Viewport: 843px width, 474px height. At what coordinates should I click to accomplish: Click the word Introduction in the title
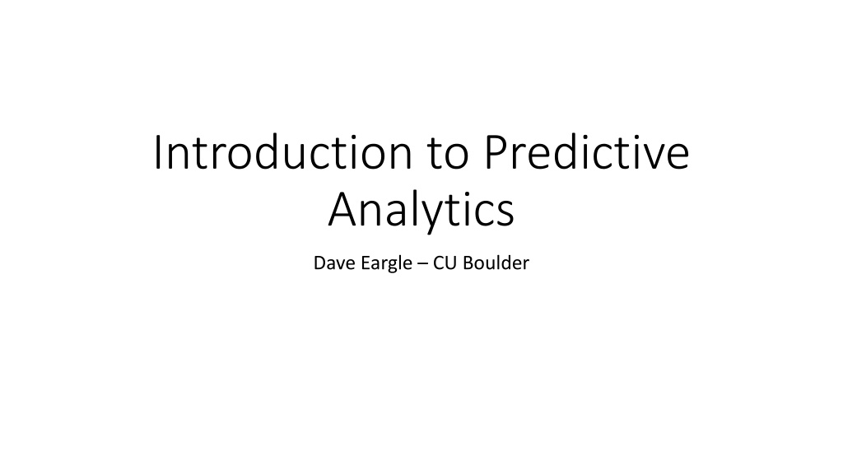[283, 152]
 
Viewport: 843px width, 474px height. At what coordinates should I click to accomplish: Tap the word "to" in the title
[449, 154]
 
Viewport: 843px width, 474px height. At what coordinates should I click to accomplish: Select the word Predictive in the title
[586, 152]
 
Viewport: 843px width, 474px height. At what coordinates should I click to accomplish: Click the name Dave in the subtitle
[331, 263]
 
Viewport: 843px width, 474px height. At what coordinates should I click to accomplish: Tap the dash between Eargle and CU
[422, 264]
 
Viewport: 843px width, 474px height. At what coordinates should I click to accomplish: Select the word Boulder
[496, 263]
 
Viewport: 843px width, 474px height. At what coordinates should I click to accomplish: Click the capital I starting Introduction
[157, 153]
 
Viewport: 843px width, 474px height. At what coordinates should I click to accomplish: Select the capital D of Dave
[320, 263]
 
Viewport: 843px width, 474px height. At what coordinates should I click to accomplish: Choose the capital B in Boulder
[468, 263]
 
